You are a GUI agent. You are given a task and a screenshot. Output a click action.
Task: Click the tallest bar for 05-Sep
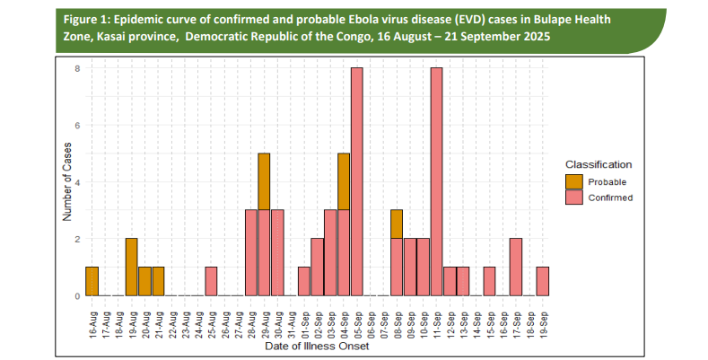pos(356,181)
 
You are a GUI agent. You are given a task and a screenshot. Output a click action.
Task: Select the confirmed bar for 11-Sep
pos(436,181)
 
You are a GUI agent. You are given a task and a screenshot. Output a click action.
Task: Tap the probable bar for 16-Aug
pos(92,281)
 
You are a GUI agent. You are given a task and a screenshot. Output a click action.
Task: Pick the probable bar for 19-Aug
pos(131,267)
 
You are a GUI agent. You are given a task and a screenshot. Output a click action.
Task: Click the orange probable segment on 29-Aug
pos(264,181)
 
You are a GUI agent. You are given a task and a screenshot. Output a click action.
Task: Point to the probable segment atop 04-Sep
pos(343,181)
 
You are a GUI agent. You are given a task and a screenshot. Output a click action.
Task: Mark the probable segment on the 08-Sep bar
pos(396,224)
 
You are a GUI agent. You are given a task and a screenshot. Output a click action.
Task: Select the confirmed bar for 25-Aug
pos(211,281)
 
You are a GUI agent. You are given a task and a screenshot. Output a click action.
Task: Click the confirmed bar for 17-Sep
pos(515,267)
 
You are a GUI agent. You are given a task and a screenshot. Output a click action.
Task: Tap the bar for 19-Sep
pos(542,281)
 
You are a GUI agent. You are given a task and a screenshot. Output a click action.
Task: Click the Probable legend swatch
pos(573,181)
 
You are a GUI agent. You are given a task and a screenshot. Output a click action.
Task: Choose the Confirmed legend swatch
pos(573,198)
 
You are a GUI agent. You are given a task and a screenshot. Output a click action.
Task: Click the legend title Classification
pos(598,164)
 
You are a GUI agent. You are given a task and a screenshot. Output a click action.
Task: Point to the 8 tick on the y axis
pos(78,68)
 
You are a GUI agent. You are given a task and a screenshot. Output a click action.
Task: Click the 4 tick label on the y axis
pos(78,182)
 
